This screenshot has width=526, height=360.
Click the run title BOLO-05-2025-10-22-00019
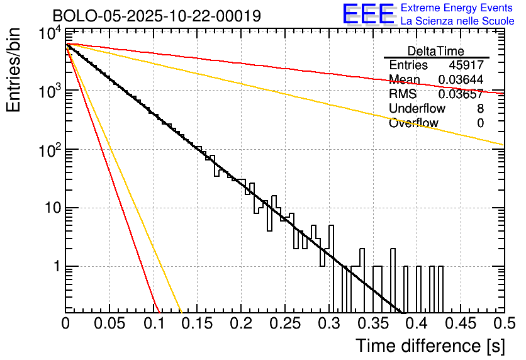pos(157,16)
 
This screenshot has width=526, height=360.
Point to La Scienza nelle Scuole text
pos(457,21)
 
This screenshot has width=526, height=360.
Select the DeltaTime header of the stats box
pos(436,51)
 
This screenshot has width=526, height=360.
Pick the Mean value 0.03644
pos(461,80)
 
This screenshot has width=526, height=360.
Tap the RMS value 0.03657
pos(461,94)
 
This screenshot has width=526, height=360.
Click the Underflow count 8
pos(480,109)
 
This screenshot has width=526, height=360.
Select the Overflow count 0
pos(480,123)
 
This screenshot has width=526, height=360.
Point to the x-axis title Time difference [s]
pos(429,346)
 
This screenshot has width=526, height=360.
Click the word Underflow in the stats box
pos(417,109)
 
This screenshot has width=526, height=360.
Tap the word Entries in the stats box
pos(408,65)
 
